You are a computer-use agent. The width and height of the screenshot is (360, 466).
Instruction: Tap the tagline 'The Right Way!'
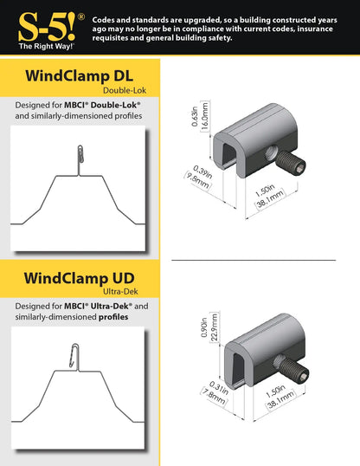point(47,47)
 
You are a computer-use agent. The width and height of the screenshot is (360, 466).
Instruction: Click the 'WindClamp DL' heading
point(79,75)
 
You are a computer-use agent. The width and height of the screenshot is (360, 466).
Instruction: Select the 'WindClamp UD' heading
point(79,278)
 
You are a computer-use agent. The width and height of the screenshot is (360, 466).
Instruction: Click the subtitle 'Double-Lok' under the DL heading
point(125,90)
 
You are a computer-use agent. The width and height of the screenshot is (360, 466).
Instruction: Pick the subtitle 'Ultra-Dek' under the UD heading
point(120,292)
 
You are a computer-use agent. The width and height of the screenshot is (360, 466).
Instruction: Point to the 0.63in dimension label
point(195,116)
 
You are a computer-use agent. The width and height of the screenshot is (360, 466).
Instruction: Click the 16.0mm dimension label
point(205,116)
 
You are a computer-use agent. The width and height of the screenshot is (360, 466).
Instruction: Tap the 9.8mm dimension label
point(197,181)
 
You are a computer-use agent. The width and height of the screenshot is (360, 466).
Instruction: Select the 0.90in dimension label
point(204,327)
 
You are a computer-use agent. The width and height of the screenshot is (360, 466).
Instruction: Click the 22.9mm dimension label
point(214,327)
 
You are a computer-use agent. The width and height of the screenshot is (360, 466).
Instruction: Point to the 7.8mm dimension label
point(214,396)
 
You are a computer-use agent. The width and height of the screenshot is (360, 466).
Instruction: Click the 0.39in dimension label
point(202,172)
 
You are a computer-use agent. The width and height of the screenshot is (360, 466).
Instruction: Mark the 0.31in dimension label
point(219,388)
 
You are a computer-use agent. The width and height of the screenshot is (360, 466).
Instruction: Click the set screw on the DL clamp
point(291,162)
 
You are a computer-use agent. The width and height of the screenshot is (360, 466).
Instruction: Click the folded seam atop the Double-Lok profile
point(80,154)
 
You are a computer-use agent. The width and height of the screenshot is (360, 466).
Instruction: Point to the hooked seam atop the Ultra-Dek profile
point(74,355)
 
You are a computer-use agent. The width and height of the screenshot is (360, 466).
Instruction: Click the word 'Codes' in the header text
point(103,20)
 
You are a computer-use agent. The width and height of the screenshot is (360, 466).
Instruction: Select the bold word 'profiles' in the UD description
point(113,317)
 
